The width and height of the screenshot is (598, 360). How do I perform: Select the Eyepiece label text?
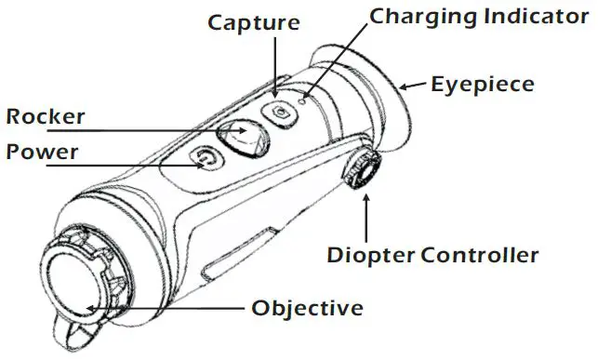coord(483,85)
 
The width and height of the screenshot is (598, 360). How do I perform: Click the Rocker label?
coord(46,117)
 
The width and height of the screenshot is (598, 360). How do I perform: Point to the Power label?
coord(42,151)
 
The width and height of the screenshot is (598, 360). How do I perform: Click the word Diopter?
coord(367,254)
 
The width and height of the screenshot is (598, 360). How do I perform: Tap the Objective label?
coord(307,308)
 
